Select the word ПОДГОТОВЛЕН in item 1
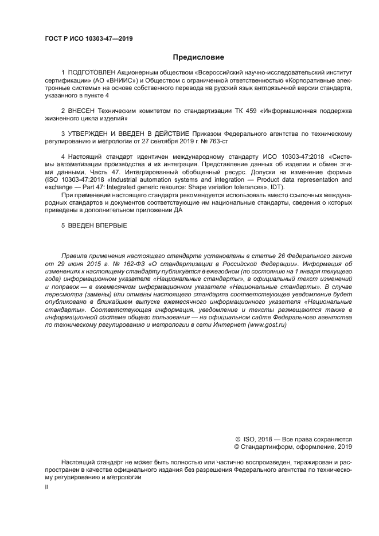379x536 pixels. [x=91, y=73]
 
